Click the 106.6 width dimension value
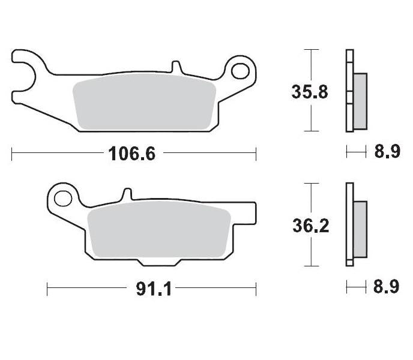(132, 154)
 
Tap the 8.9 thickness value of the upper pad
(387, 152)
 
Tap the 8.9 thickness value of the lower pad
(387, 287)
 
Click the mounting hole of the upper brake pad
(240, 71)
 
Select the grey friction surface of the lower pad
(159, 230)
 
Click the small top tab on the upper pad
(175, 66)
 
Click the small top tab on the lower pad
(127, 194)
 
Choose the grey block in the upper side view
(360, 101)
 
